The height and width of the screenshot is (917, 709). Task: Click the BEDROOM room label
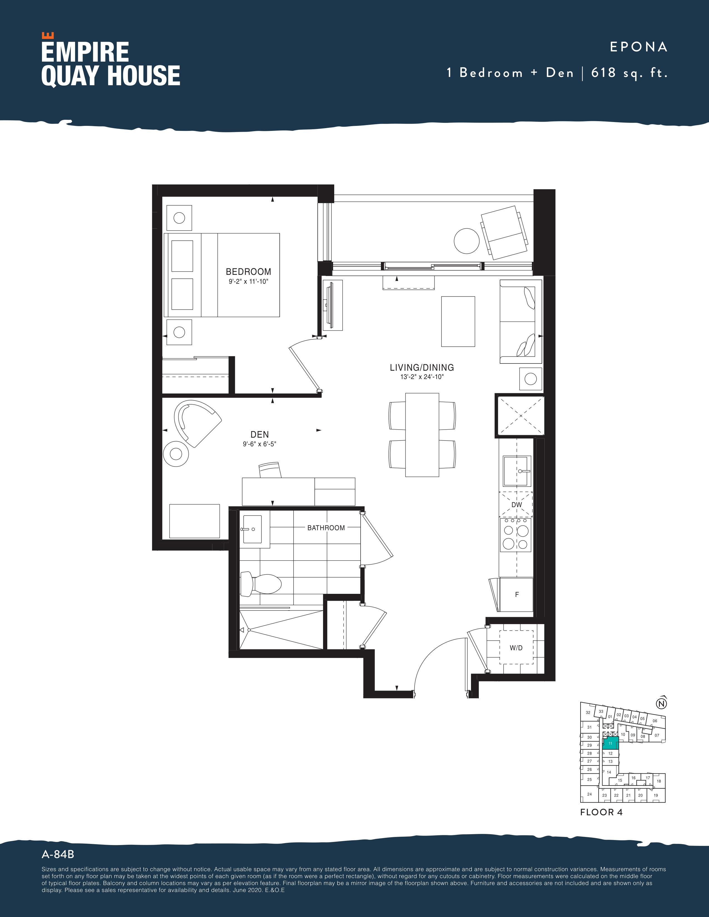pos(248,272)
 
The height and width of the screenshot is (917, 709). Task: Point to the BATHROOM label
pos(326,528)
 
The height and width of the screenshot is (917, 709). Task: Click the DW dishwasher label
pos(517,505)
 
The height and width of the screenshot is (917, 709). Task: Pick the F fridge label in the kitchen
pos(517,595)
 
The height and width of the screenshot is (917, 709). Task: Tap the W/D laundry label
pos(516,648)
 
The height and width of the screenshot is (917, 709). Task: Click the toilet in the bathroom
pos(261,583)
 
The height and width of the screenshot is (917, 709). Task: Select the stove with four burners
pos(515,534)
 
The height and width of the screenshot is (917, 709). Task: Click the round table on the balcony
pos(467,241)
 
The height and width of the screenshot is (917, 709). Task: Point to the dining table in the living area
pos(422,435)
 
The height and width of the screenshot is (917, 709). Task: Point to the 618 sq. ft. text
pos(629,73)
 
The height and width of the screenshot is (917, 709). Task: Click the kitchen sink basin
pos(516,471)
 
